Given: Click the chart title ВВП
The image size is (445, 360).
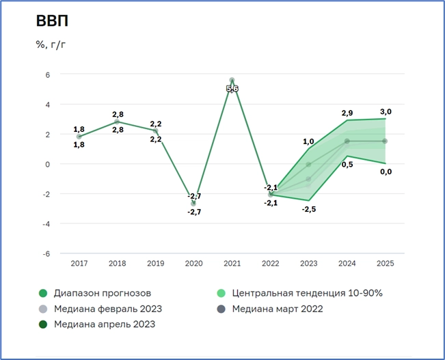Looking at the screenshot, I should pos(52,21).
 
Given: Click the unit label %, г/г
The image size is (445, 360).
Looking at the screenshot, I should pos(51,45).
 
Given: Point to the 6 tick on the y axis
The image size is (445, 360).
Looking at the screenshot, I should pos(48,74).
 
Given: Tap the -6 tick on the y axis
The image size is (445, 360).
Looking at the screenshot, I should pos(46,253).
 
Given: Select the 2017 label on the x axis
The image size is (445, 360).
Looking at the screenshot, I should pos(79,263).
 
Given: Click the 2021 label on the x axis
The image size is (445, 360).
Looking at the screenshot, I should pos(232,263).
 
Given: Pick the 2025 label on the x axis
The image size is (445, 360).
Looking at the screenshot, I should pos(386,263).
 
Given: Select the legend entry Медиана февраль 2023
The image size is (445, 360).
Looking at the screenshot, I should pos(107,309).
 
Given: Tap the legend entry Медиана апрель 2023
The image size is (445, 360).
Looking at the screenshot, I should pos(104,324).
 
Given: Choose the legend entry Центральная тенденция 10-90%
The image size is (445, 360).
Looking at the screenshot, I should pos(307,293).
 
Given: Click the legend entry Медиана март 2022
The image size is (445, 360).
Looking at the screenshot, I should pos(286,309).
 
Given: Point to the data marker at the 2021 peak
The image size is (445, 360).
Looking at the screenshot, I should pos(232,81).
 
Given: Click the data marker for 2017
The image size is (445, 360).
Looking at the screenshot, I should pos(79,137).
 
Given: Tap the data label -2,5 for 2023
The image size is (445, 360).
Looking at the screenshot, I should pos(308,209).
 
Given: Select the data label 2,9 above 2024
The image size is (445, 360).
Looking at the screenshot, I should pos(347,111).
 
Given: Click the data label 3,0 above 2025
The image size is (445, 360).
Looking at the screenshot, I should pos(386,111).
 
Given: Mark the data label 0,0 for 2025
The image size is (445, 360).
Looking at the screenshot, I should pos(386,171).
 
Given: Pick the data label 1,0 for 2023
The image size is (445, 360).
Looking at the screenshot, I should pos(308,141).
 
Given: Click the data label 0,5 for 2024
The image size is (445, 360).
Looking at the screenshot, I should pos(347,165).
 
